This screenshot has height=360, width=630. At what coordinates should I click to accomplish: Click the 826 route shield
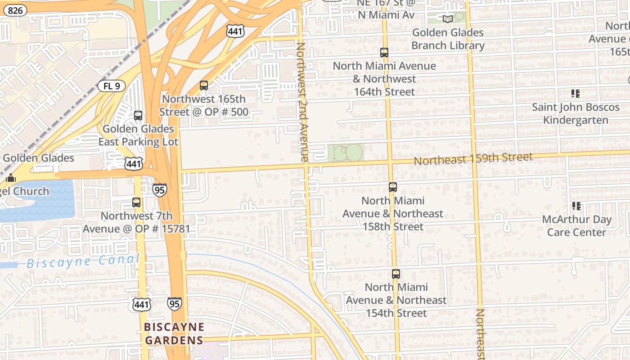[15, 10]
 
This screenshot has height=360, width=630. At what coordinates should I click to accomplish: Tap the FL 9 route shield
[111, 85]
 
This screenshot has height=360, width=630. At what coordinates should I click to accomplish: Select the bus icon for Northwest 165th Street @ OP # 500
[204, 85]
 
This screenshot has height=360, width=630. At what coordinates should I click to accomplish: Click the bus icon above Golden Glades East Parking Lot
[138, 115]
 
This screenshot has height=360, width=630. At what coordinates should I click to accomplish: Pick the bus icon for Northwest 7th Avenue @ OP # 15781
[136, 202]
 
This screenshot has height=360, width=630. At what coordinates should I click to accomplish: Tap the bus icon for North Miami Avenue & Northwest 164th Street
[384, 52]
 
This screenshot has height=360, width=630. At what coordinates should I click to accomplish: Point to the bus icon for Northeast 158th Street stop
[393, 187]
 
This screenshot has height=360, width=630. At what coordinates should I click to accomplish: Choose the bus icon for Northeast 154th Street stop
[396, 274]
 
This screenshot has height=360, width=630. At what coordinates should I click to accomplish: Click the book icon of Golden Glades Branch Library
[447, 19]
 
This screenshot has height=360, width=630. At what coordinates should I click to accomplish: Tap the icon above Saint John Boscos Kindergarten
[576, 94]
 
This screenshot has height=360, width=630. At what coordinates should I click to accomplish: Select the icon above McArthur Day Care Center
[576, 206]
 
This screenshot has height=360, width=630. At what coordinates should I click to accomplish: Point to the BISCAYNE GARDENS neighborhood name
[174, 333]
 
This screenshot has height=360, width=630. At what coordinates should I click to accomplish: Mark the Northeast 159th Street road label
[473, 159]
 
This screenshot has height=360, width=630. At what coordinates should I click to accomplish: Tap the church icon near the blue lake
[11, 178]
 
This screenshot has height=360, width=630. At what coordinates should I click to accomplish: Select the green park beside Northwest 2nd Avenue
[346, 153]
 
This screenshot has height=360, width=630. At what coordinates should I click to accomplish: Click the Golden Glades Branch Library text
[448, 39]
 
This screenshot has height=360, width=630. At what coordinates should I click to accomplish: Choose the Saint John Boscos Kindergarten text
[576, 113]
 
